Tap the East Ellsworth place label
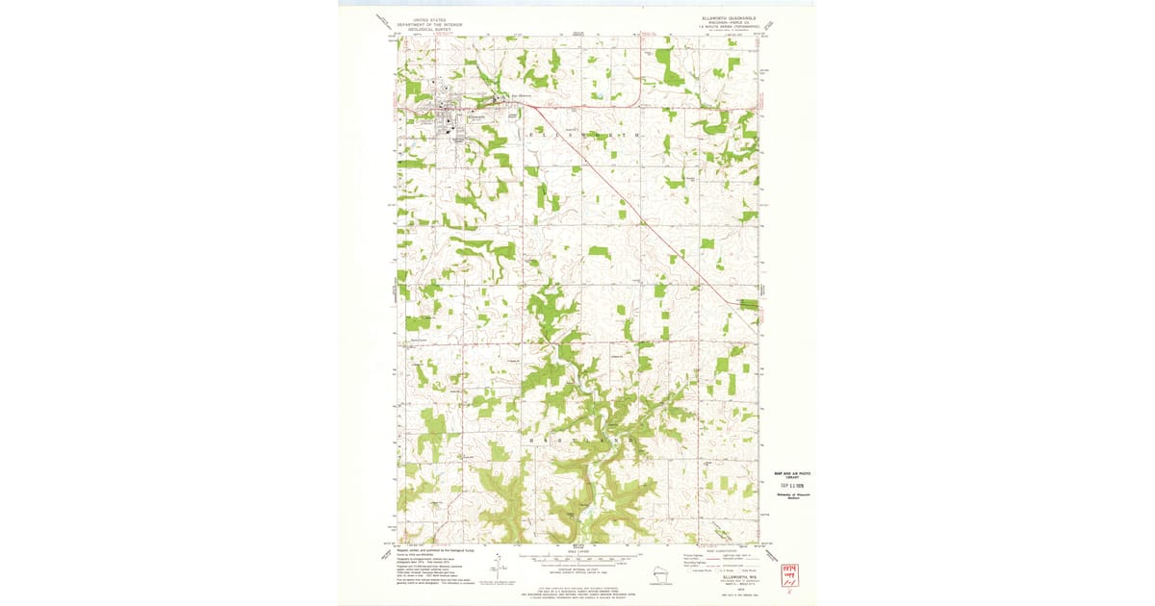point(521,95)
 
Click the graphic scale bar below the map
point(578,557)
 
